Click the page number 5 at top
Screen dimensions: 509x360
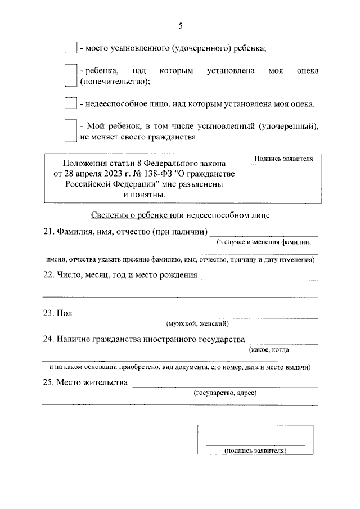(x=180, y=26)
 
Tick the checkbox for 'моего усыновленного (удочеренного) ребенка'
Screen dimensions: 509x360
(x=70, y=48)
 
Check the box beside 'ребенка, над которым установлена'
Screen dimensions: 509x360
(x=70, y=75)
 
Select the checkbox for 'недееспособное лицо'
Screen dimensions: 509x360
(x=70, y=103)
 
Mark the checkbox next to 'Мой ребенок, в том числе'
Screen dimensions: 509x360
(x=70, y=131)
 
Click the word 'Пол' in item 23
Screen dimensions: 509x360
(x=65, y=313)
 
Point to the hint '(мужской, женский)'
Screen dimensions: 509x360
(x=197, y=324)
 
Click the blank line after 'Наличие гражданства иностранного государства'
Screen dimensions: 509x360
(x=282, y=340)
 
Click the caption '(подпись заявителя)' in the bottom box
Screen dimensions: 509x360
(x=255, y=451)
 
